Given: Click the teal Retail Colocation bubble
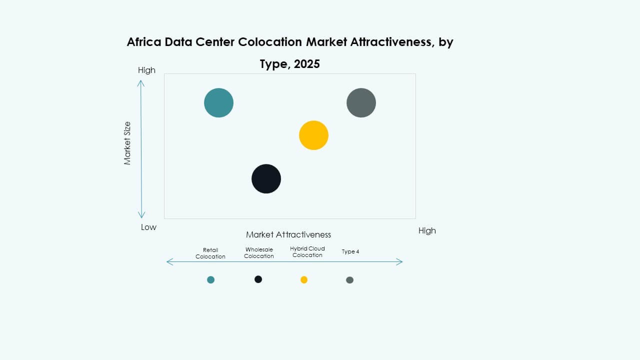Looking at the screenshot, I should (x=218, y=103).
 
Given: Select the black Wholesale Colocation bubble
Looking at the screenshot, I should (x=266, y=178).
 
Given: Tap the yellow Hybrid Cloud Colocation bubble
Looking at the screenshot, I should (x=313, y=135).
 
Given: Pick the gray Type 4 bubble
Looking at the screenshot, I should (x=361, y=103).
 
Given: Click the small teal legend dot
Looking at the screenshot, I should (x=210, y=280).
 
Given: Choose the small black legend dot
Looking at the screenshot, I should (x=258, y=279).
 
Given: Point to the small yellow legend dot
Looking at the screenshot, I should (x=304, y=280).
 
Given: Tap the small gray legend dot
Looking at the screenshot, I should (x=349, y=280).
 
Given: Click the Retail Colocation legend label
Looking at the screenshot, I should (x=210, y=253).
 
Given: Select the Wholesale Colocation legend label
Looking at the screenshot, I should (x=259, y=253).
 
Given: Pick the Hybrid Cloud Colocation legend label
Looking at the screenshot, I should (x=307, y=252).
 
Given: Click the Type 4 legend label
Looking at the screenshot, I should (x=350, y=252).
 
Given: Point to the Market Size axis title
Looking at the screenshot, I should (x=127, y=143).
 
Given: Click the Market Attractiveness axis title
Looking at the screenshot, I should (x=288, y=234).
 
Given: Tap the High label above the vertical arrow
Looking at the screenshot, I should (x=146, y=70).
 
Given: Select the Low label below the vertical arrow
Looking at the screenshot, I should (x=148, y=227).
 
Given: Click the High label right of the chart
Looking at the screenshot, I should (x=427, y=230).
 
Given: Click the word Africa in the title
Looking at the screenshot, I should (x=145, y=42).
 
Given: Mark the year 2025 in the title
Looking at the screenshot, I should (x=306, y=64).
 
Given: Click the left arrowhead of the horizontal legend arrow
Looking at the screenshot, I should (x=168, y=261).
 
